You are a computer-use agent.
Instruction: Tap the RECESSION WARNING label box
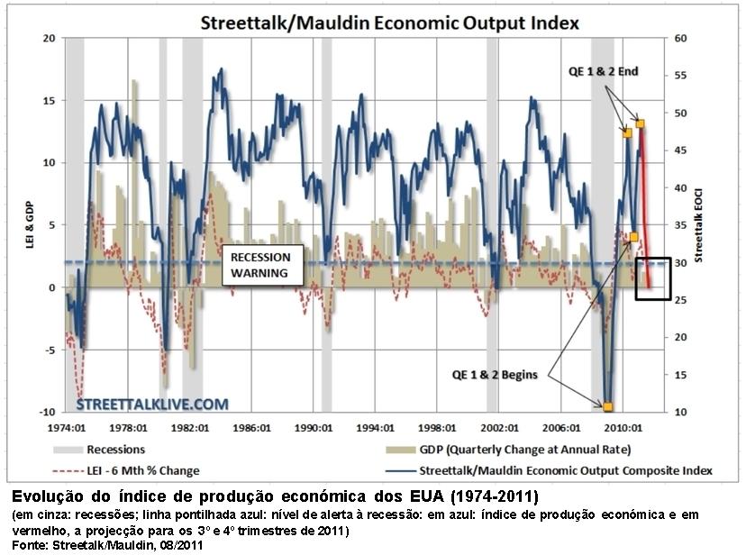pyautogui.click(x=259, y=264)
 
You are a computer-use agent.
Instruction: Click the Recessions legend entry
pyautogui.click(x=115, y=449)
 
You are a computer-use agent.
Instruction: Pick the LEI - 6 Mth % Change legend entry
pyautogui.click(x=143, y=470)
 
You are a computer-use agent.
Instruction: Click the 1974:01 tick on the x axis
pyautogui.click(x=68, y=427)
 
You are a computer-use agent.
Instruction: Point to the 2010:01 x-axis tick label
pyautogui.click(x=622, y=427)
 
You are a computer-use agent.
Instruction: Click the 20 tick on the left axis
pyautogui.click(x=50, y=39)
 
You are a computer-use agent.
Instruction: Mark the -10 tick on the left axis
pyautogui.click(x=48, y=412)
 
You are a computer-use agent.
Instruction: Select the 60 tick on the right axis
pyautogui.click(x=680, y=39)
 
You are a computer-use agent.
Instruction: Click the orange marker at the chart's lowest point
pyautogui.click(x=608, y=407)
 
